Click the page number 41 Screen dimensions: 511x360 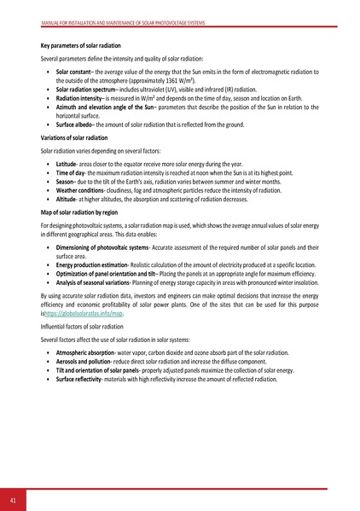tap(15, 498)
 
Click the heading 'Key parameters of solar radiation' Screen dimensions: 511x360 tap(80, 44)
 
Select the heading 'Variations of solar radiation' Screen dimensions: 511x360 tap(73, 136)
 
